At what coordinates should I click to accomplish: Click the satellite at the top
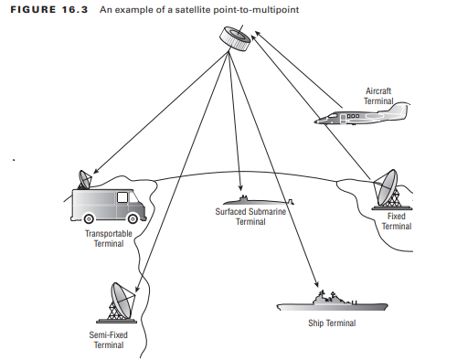click(x=235, y=38)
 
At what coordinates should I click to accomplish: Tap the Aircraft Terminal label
click(x=378, y=96)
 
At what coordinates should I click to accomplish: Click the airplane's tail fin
click(x=400, y=111)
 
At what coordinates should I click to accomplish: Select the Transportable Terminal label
click(x=109, y=238)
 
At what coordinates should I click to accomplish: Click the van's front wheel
click(x=133, y=218)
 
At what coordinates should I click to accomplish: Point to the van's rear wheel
click(x=89, y=218)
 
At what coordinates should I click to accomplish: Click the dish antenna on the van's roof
click(x=85, y=179)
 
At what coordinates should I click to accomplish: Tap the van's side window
click(x=122, y=197)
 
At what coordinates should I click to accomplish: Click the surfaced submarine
click(x=259, y=200)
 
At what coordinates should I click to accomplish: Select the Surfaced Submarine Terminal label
click(x=250, y=217)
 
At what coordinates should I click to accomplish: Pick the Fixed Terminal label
click(x=397, y=221)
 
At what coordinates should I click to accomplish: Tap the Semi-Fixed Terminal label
click(x=109, y=340)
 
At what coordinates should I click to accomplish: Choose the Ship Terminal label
click(x=332, y=323)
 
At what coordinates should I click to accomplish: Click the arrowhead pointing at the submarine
click(x=240, y=186)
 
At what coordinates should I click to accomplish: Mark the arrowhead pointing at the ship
click(x=316, y=283)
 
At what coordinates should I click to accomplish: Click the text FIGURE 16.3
click(x=49, y=9)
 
